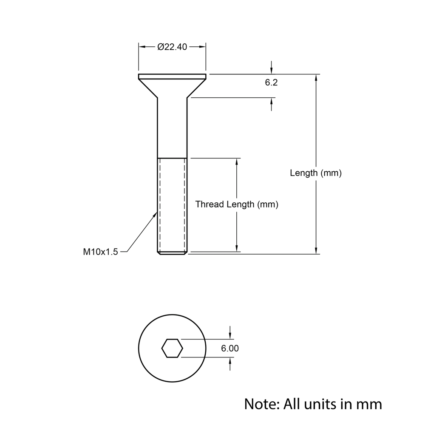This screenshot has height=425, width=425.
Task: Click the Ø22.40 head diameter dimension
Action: (x=172, y=47)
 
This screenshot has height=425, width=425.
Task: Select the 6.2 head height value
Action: (x=271, y=82)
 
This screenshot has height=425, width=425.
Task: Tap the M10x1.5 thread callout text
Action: (x=100, y=252)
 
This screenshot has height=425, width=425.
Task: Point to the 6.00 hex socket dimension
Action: (x=230, y=348)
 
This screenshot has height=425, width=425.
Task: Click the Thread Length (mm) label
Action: (x=237, y=204)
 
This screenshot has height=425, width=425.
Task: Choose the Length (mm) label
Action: (x=316, y=173)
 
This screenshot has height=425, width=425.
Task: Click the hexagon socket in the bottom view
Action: (x=172, y=348)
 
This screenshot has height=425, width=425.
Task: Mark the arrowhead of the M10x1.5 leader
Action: (x=155, y=215)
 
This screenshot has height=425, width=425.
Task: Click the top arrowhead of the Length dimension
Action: (x=316, y=77)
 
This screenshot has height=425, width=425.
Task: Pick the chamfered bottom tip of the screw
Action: (x=172, y=253)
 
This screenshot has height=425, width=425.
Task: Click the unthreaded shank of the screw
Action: (x=172, y=127)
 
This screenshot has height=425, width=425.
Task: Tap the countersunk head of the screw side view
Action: (x=172, y=85)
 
